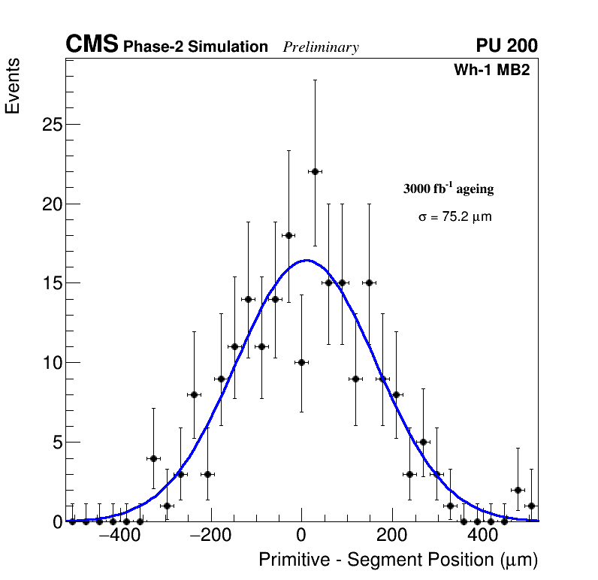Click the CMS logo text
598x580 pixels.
(x=92, y=45)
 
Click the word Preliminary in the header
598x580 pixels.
(x=321, y=47)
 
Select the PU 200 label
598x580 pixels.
(x=506, y=46)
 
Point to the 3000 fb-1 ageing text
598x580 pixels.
(x=448, y=189)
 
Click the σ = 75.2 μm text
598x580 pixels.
(x=455, y=217)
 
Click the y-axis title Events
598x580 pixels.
(x=13, y=86)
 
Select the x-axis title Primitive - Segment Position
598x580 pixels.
(x=398, y=560)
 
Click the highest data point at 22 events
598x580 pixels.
(x=315, y=171)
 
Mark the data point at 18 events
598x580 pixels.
(x=288, y=235)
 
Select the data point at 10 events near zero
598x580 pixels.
(x=301, y=362)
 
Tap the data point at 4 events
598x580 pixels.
(x=153, y=458)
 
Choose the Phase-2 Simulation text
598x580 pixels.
(x=195, y=47)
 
